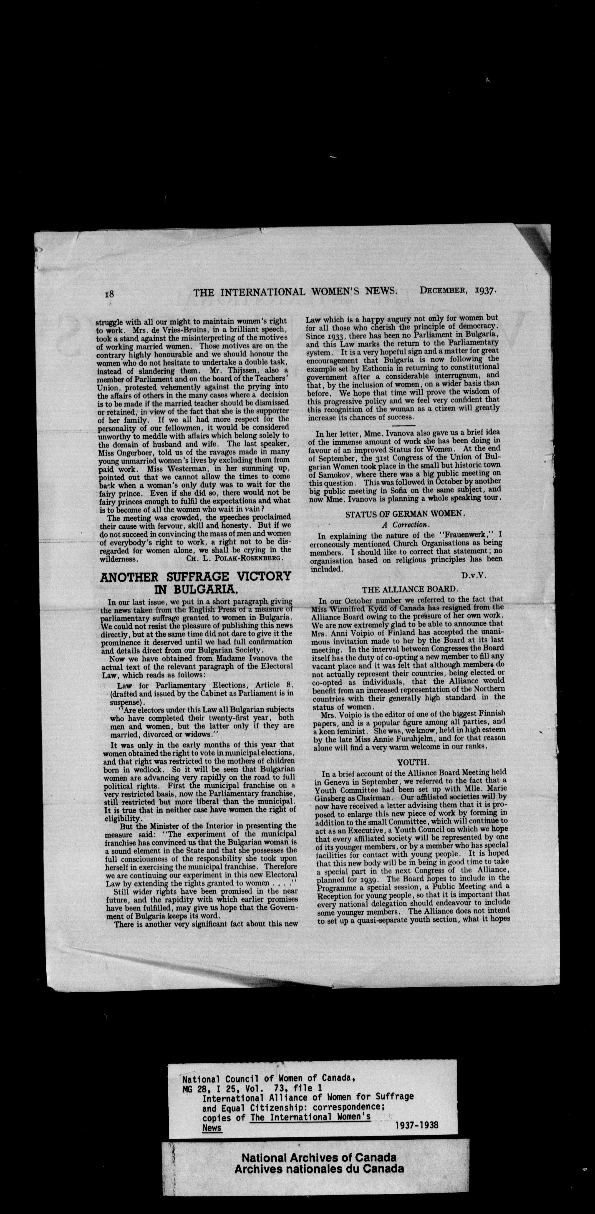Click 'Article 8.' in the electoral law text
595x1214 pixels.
point(275,685)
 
